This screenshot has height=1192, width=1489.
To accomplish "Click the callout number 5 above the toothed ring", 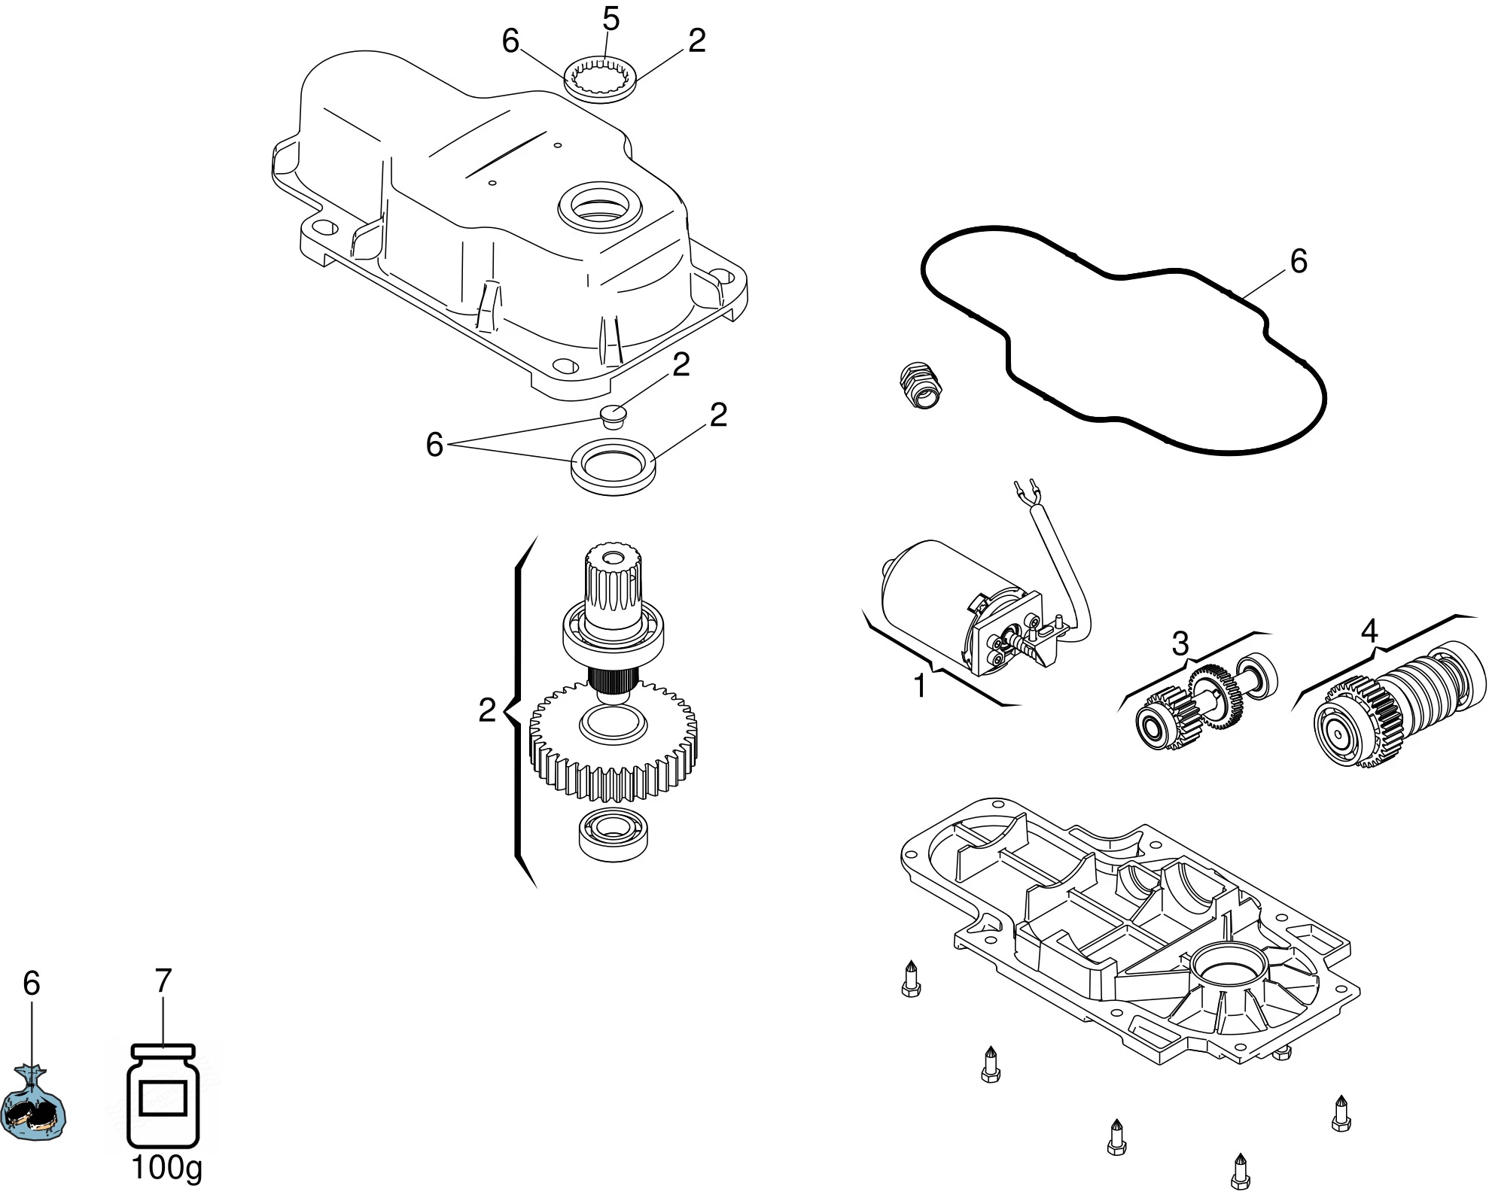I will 611,20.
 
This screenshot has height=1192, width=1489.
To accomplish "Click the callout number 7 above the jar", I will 163,981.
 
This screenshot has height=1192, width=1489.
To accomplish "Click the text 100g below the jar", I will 166,1167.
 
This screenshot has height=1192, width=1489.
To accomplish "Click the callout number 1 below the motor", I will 919,686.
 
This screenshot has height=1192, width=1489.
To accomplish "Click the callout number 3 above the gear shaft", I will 1180,643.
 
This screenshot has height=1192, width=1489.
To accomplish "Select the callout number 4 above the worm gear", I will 1369,631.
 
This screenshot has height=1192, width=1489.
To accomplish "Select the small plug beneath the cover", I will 614,415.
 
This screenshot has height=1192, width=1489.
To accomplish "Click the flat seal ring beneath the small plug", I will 613,468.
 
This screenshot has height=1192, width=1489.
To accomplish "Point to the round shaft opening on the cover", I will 599,206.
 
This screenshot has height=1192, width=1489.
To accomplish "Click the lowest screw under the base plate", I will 1239,1171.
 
